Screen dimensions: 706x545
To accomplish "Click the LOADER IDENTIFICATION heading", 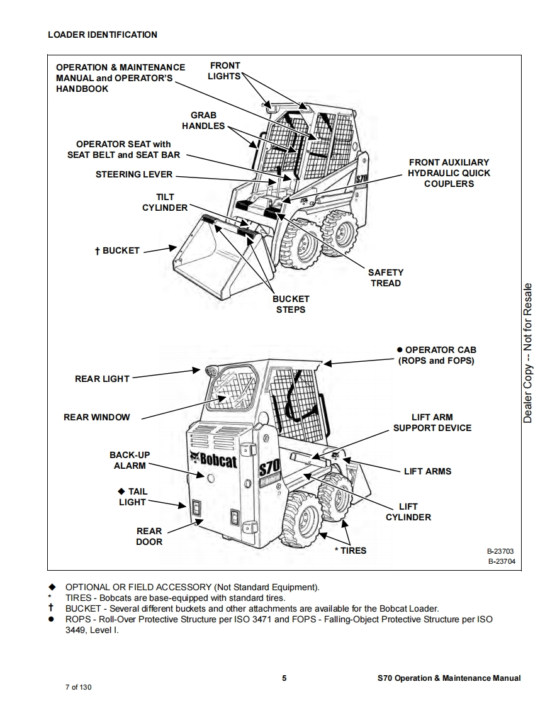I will click(103, 35).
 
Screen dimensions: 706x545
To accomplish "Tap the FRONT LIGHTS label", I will click(225, 70).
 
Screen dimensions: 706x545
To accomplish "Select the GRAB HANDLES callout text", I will click(203, 121).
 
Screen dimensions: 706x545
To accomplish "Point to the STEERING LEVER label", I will click(133, 174).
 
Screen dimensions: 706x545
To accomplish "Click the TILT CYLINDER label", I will click(165, 203).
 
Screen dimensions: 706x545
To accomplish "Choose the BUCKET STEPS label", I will click(291, 304).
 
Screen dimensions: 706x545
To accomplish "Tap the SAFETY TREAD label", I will click(386, 277).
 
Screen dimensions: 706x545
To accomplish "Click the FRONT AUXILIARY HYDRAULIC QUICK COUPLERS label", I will click(449, 173).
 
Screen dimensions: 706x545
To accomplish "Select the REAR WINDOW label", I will click(97, 417).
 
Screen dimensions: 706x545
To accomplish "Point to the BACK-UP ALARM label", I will click(130, 460).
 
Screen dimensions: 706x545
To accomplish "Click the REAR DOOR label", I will click(149, 536).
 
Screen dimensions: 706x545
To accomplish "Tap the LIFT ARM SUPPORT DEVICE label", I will click(432, 422).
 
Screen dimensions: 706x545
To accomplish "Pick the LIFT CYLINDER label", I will click(408, 512).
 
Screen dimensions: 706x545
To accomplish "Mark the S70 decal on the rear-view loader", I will click(269, 469).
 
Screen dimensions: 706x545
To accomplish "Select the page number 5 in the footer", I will click(284, 678).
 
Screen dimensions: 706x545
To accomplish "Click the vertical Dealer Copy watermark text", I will click(528, 352).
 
